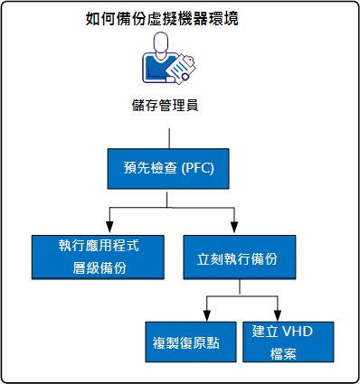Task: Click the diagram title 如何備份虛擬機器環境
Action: pyautogui.click(x=168, y=18)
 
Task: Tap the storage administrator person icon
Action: pyautogui.click(x=168, y=61)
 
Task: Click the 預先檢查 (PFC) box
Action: pyautogui.click(x=168, y=167)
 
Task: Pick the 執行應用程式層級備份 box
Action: pyautogui.click(x=99, y=257)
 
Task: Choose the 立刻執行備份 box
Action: pyautogui.click(x=236, y=257)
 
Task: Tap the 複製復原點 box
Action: pyautogui.click(x=189, y=341)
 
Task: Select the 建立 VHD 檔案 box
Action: pyautogui.click(x=289, y=341)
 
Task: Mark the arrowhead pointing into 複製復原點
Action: pyautogui.click(x=207, y=313)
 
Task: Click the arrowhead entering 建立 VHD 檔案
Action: pyautogui.click(x=275, y=313)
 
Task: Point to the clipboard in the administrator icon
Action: pyautogui.click(x=185, y=66)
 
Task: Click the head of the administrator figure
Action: pyautogui.click(x=163, y=43)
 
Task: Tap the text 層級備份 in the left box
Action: pyautogui.click(x=99, y=268)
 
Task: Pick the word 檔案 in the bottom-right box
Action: pyautogui.click(x=289, y=353)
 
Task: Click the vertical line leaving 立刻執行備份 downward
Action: pyautogui.click(x=238, y=287)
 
